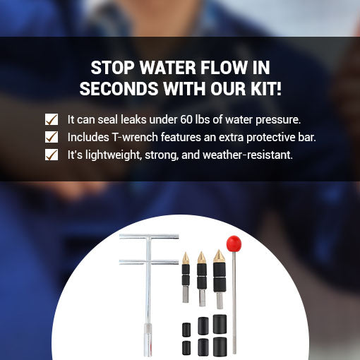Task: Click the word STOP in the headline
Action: (x=112, y=68)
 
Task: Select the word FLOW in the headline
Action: (x=223, y=68)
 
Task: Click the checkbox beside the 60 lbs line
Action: (x=52, y=119)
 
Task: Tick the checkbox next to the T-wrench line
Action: (x=52, y=137)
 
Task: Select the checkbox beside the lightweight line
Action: (x=52, y=155)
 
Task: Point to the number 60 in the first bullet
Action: (x=186, y=119)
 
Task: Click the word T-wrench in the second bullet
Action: (x=135, y=137)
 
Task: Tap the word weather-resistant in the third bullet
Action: (x=248, y=155)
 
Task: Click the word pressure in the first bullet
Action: (x=278, y=120)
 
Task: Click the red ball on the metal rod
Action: (x=234, y=244)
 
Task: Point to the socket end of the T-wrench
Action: (x=148, y=340)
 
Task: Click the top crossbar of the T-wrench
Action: (x=149, y=236)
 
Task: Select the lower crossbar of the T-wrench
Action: (x=149, y=262)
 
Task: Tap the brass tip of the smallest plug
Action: (x=186, y=258)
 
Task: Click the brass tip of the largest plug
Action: (x=219, y=256)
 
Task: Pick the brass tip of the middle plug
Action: (x=202, y=258)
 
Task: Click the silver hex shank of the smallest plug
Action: (x=186, y=294)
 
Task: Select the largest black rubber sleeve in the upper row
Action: (x=220, y=324)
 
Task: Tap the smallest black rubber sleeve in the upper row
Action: (x=186, y=330)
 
